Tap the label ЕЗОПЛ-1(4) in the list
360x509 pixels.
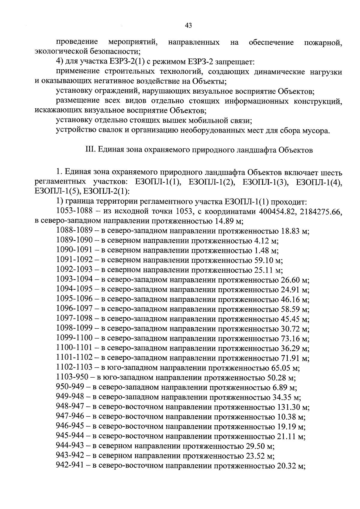pos(319,182)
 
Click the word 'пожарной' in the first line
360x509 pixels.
pos(323,43)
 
